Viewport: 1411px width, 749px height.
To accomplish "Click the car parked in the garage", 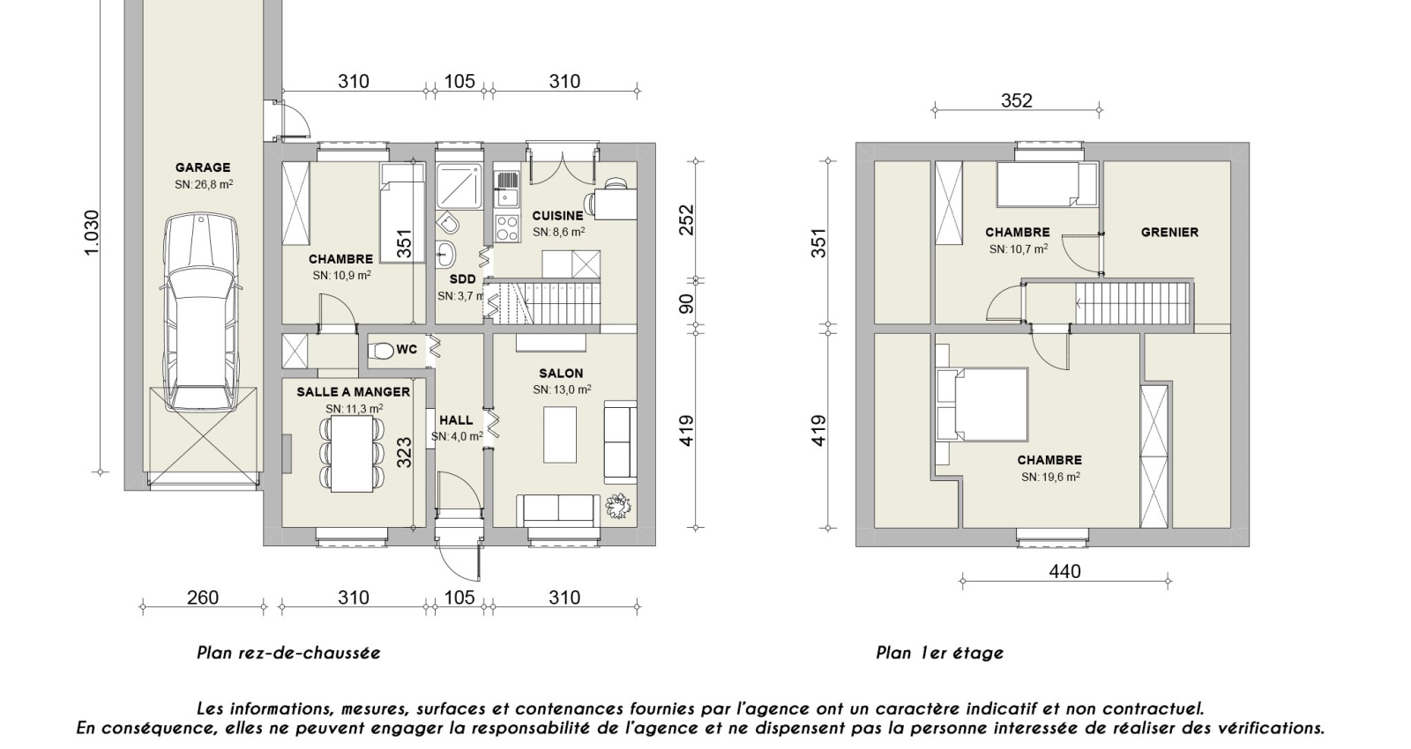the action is point(200,312).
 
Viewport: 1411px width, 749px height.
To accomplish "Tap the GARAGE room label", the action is point(203,167).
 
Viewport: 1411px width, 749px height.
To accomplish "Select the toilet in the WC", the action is point(381,351).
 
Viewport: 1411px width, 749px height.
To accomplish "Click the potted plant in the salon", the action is point(619,506).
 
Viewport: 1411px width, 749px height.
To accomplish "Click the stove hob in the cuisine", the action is point(507,228).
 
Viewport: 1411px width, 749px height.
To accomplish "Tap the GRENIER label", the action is point(1169,233).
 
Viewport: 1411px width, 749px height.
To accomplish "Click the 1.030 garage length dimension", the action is point(92,234).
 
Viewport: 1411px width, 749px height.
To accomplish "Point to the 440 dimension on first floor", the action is point(1065,572).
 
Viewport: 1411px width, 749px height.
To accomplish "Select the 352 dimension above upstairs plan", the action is point(1017,100).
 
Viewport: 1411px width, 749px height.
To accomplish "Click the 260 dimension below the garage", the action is point(203,598).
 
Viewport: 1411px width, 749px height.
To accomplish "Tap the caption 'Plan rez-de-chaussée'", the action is point(288,653).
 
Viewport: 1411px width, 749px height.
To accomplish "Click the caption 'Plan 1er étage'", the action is point(940,653).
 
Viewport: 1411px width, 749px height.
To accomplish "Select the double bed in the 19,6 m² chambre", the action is point(982,404).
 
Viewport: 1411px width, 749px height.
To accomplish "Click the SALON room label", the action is point(562,374).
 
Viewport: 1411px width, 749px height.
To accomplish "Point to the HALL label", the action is point(456,420).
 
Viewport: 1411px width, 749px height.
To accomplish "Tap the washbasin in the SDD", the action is point(445,254).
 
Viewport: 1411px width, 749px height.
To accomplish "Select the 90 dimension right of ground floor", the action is point(687,303).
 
